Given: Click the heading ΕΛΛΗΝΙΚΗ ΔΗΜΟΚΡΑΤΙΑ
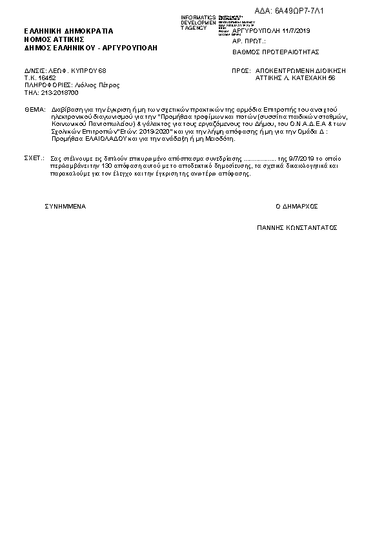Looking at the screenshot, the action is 68,30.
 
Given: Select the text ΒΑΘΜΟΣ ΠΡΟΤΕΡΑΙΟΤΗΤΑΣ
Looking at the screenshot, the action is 276,52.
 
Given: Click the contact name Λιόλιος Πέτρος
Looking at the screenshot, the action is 97,85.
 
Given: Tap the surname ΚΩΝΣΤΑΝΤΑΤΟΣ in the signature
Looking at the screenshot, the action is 310,228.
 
